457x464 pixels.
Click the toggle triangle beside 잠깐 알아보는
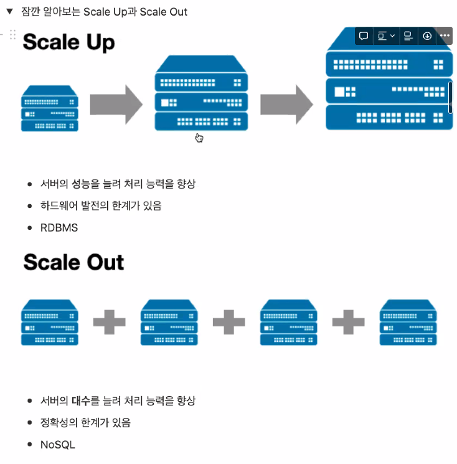click(9, 11)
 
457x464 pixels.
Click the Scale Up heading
click(68, 42)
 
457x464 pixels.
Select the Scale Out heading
click(73, 262)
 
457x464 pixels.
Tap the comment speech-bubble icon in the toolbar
click(364, 36)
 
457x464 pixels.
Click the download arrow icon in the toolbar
click(427, 36)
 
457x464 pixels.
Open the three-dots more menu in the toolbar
click(445, 36)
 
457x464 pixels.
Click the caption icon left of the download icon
click(408, 36)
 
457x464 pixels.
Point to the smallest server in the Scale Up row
click(50, 109)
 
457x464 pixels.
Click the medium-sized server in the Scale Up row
click(201, 93)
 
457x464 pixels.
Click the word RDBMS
click(59, 227)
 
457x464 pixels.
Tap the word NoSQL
click(57, 445)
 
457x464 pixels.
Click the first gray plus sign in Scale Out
click(109, 322)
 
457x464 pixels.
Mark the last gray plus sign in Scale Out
click(348, 322)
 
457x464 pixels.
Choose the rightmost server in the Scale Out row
click(408, 322)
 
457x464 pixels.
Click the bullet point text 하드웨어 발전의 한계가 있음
click(101, 206)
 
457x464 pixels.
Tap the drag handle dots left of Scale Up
click(12, 35)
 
